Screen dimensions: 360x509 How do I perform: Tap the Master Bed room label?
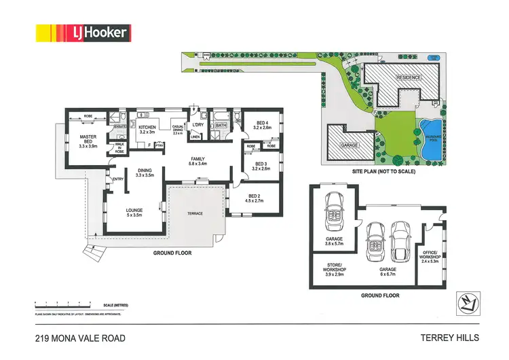[x=88, y=141]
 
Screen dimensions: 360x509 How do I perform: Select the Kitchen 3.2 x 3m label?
[x=148, y=130]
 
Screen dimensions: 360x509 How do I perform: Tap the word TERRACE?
[x=195, y=213]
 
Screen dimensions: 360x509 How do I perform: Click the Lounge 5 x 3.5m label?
[x=134, y=213]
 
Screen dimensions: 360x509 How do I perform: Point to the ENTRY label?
[x=117, y=179]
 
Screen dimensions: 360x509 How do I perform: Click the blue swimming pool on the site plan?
[x=429, y=132]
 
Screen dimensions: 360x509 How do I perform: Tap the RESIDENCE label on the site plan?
[x=409, y=77]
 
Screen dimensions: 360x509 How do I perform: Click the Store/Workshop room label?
[x=334, y=270]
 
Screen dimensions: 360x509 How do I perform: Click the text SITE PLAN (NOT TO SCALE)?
[x=383, y=172]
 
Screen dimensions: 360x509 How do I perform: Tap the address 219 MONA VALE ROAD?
[x=80, y=338]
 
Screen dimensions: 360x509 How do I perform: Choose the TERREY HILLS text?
[x=450, y=338]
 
